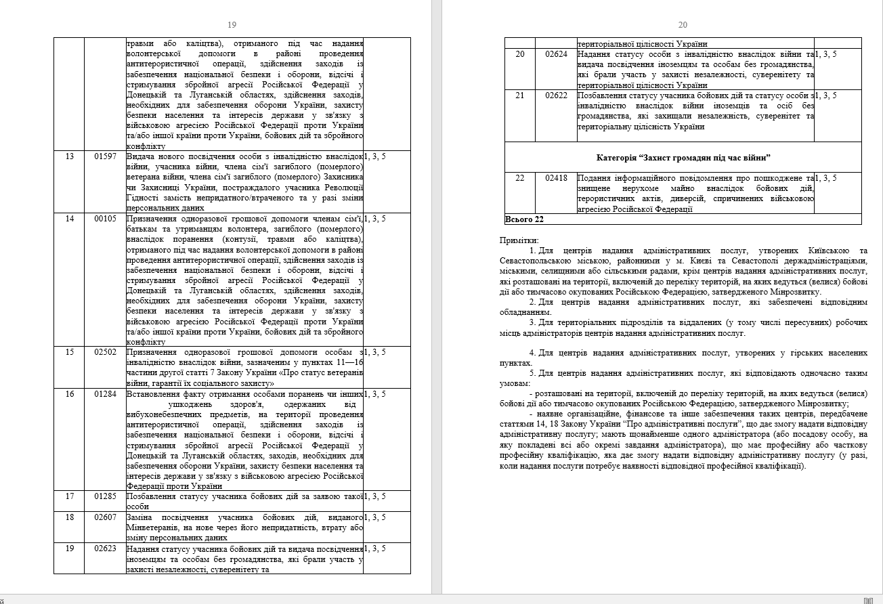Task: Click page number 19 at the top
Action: [x=232, y=25]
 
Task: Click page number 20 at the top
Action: [x=683, y=25]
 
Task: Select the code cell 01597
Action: [x=105, y=157]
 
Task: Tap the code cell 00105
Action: [x=105, y=219]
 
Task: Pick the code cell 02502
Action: [x=105, y=352]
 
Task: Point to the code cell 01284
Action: [x=105, y=394]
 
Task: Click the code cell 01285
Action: [x=105, y=496]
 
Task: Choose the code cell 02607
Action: [x=105, y=517]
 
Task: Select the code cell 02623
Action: [x=105, y=548]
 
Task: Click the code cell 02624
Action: [x=556, y=54]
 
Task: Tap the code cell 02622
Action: [x=556, y=95]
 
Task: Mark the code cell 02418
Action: [x=556, y=178]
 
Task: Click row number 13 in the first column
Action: [x=69, y=157]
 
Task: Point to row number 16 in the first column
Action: [x=69, y=394]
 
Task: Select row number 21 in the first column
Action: [x=520, y=95]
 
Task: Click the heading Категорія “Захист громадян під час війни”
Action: [x=683, y=158]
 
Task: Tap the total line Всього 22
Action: [x=525, y=219]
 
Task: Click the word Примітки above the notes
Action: [x=519, y=240]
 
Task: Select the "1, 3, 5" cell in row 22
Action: [x=825, y=178]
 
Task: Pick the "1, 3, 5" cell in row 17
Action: [x=374, y=496]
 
